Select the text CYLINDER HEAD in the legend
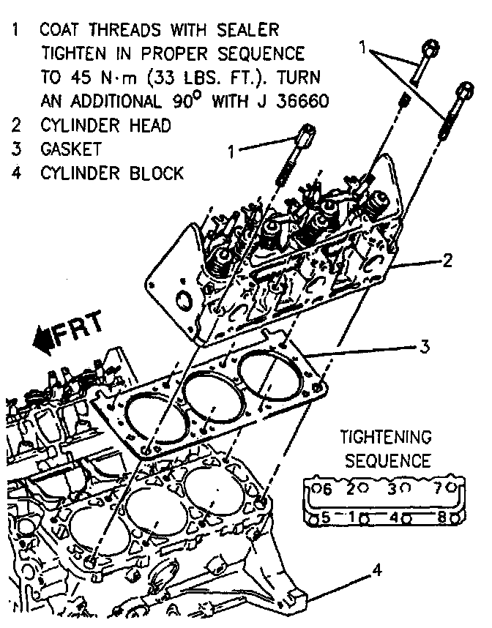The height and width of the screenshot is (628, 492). (105, 125)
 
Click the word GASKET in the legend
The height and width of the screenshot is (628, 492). (71, 149)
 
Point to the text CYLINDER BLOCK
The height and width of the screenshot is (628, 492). (111, 173)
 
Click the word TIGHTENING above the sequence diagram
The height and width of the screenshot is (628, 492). (386, 438)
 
